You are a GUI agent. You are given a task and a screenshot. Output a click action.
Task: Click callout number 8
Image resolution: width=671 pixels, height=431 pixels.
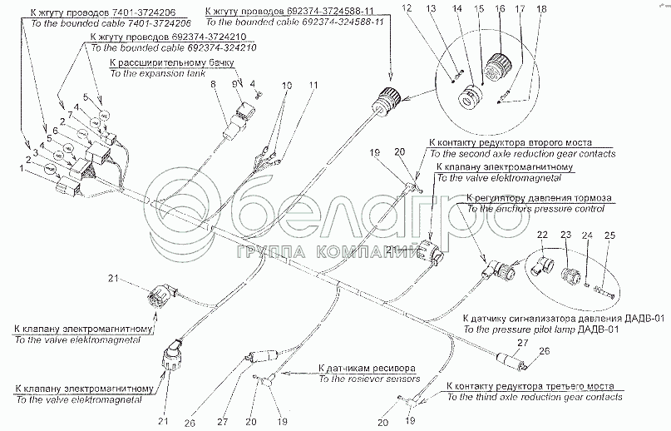click(x=214, y=85)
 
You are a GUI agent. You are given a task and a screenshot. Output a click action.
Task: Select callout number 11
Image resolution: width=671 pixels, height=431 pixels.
click(x=313, y=86)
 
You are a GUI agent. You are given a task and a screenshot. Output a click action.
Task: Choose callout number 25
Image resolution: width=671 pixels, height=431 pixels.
click(x=609, y=237)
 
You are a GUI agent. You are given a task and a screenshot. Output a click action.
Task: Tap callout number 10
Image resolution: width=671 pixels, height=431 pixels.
click(x=287, y=86)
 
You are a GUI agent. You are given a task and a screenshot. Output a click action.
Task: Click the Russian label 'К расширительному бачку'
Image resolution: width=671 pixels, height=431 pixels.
click(x=155, y=62)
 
